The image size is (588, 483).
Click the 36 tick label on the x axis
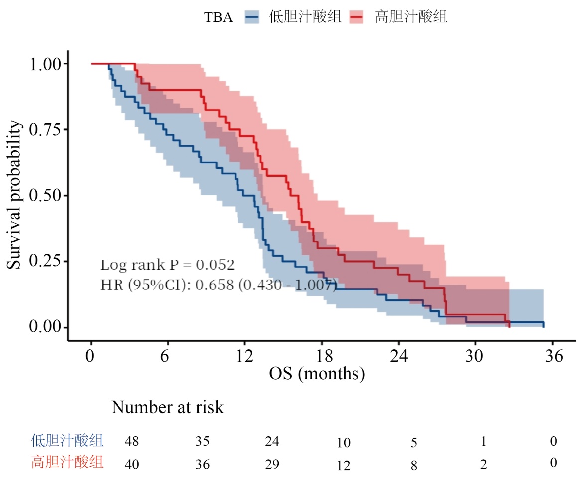553,357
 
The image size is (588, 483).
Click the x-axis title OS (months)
317,373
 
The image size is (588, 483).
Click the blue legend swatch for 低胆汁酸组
253,17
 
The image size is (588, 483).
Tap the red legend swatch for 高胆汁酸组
356,17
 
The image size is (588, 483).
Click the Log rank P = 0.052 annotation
167,264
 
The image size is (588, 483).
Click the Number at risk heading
167,407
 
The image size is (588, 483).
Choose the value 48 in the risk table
132,441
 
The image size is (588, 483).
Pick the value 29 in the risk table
272,464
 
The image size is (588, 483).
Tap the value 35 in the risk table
202,441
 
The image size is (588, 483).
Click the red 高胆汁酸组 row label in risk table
67,463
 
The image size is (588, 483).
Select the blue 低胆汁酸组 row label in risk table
67,440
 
